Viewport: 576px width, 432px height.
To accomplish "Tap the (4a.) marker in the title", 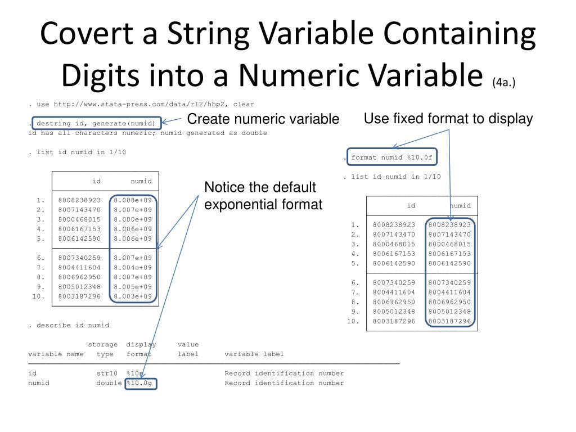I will click(503, 82).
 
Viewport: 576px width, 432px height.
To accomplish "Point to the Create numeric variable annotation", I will click(263, 119).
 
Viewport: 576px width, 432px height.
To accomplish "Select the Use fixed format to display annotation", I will click(448, 119).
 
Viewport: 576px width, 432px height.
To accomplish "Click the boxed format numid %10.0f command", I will click(391, 157).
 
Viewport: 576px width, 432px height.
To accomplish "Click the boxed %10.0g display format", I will click(141, 383).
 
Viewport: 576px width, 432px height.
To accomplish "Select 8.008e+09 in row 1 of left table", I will click(133, 200).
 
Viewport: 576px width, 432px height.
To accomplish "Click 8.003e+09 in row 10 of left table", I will click(133, 296).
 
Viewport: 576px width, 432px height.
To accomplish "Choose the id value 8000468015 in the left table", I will click(79, 219).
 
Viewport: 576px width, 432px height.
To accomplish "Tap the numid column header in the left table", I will click(141, 181).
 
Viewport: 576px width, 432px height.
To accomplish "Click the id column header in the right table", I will click(411, 206).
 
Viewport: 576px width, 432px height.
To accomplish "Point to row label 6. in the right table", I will click(355, 282).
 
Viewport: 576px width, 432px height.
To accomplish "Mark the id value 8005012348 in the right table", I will click(394, 312).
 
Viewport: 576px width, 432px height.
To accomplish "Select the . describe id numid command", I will click(70, 325).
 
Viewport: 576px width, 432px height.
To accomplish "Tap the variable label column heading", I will click(254, 354).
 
